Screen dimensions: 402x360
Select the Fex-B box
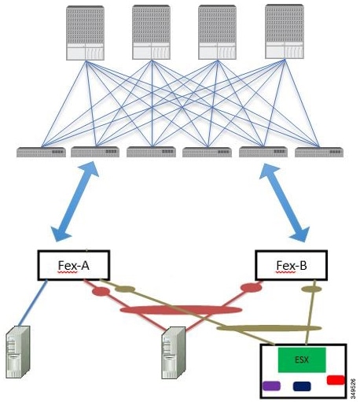coord(290,265)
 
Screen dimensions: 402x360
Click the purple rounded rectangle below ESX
coord(272,387)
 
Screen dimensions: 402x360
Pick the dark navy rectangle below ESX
coord(303,387)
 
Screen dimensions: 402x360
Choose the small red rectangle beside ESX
coord(335,381)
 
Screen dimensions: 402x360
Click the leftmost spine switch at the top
coord(85,32)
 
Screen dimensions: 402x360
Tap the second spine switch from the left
coord(151,32)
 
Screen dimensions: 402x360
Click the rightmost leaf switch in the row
coord(318,151)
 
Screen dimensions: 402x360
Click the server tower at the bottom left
coord(19,354)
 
